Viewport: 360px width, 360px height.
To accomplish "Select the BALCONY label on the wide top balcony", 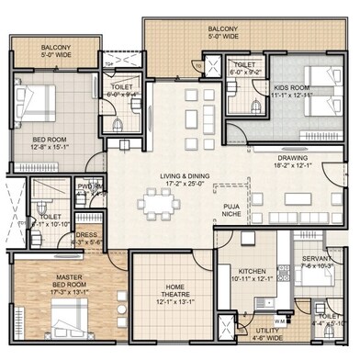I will [223, 32].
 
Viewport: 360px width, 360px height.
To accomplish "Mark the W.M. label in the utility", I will [279, 321].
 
